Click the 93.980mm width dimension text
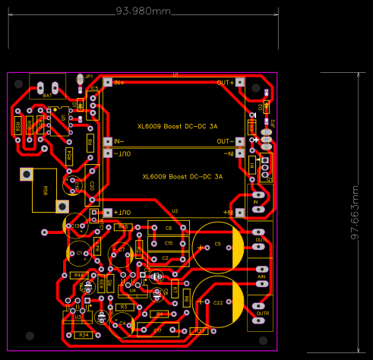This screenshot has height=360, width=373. pyautogui.click(x=143, y=12)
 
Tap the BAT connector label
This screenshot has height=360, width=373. pyautogui.click(x=47, y=96)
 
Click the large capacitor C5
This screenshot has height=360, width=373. pyautogui.click(x=218, y=245)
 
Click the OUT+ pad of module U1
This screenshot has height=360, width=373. pyautogui.click(x=239, y=81)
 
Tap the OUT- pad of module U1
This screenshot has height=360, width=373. pyautogui.click(x=239, y=141)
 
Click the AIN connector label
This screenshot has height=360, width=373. pyautogui.click(x=261, y=277)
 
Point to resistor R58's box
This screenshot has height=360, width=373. pyautogui.click(x=45, y=190)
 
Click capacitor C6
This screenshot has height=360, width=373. pyautogui.click(x=169, y=228)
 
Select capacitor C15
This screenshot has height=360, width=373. pyautogui.click(x=169, y=243)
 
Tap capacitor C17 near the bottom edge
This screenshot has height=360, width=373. pyautogui.click(x=157, y=330)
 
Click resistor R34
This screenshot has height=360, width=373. pyautogui.click(x=84, y=334)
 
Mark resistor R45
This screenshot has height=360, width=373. pyautogui.click(x=124, y=226)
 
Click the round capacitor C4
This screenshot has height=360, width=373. pyautogui.click(x=122, y=323)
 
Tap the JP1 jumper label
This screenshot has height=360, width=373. pyautogui.click(x=88, y=77)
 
